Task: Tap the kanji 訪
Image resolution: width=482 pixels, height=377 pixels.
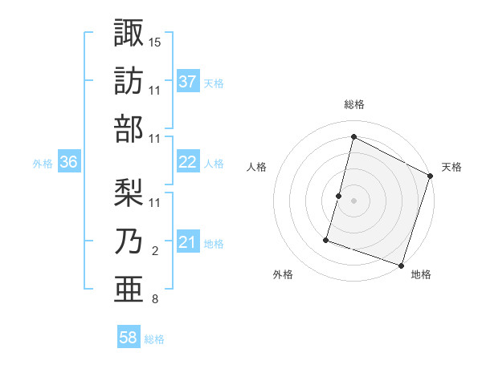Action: [129, 81]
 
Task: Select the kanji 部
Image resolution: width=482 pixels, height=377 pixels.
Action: [129, 130]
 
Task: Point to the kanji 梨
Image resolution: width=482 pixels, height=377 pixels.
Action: [129, 193]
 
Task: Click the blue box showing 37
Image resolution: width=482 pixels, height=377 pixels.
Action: [187, 81]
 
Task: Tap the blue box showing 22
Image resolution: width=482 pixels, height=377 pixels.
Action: [187, 162]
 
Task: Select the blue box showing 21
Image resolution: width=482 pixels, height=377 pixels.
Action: [187, 242]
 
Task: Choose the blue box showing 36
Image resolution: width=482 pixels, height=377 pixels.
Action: [68, 162]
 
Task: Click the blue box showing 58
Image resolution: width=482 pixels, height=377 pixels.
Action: [129, 338]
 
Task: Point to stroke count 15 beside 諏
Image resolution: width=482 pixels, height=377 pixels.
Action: [155, 41]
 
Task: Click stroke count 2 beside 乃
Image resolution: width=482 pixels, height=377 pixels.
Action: [154, 252]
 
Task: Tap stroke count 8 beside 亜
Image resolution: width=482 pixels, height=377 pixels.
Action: [154, 300]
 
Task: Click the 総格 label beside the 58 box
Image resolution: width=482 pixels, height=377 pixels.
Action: [154, 339]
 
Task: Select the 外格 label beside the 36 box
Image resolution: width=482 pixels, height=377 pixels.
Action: [43, 163]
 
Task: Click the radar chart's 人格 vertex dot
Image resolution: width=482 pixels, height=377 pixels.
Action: [339, 196]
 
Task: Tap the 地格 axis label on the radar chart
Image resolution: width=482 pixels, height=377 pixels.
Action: [421, 274]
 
